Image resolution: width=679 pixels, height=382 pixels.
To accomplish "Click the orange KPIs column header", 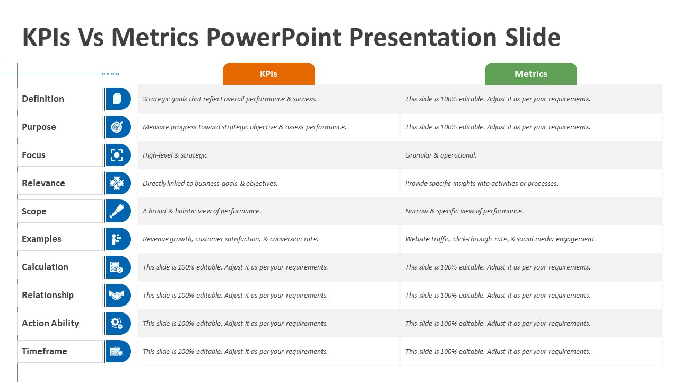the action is (x=268, y=74).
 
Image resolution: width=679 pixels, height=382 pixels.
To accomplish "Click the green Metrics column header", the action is (x=531, y=74).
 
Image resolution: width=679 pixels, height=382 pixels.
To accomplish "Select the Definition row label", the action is (x=43, y=99).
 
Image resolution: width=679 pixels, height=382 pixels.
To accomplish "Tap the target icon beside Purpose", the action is (x=117, y=127).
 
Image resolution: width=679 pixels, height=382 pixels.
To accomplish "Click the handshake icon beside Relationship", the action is (x=117, y=295).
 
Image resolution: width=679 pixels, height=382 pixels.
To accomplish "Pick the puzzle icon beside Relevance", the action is (x=117, y=183).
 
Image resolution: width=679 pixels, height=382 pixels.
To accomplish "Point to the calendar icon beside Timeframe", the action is (x=117, y=351).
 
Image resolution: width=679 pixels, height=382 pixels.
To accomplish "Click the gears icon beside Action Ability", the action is (x=117, y=323).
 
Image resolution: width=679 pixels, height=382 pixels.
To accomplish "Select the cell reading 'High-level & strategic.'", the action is (x=176, y=155).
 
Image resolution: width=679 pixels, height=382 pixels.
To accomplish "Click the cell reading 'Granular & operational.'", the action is (x=441, y=155).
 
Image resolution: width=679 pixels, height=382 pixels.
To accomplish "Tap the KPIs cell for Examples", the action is (x=230, y=239).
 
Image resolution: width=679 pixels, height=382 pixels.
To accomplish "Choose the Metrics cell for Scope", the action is (x=464, y=211).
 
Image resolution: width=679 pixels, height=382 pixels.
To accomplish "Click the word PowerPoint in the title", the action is (x=274, y=37).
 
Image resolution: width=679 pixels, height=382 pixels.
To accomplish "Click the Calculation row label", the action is (x=45, y=267).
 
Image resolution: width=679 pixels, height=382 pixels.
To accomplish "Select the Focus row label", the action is (x=33, y=155).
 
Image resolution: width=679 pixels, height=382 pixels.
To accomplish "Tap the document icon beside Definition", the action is (x=117, y=99).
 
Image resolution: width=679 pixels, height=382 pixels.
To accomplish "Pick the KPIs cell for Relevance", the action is (x=210, y=184).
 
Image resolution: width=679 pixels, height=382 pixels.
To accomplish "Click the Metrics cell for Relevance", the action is (x=482, y=184).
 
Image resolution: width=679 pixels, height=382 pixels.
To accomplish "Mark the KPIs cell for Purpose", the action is (x=245, y=127).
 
